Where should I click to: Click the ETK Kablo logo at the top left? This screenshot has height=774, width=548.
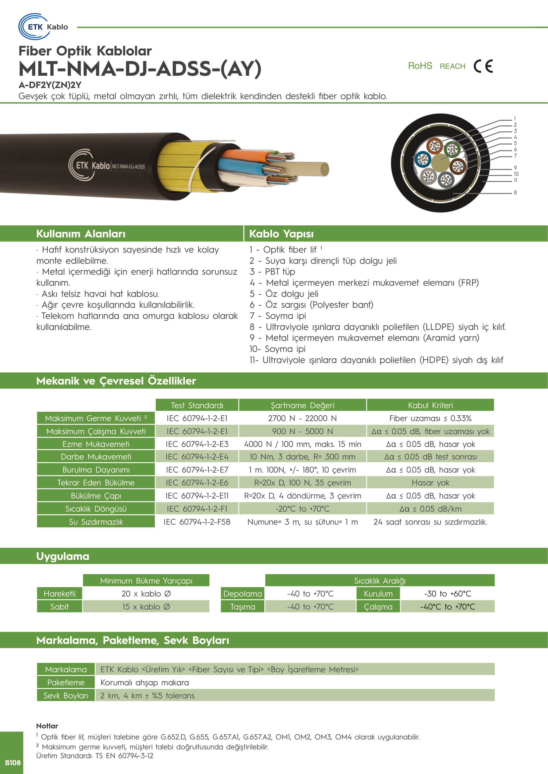coord(43,26)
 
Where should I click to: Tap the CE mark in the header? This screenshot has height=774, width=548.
coord(483,66)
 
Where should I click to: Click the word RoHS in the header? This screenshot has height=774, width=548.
coord(420,66)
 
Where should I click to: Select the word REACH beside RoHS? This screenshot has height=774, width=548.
coord(452,67)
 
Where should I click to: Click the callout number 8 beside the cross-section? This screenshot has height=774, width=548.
coord(515,193)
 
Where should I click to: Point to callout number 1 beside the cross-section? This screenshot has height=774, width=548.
coord(515,119)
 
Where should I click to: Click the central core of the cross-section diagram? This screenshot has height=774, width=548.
coord(440,163)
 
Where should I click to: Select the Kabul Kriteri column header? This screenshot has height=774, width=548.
coord(430,405)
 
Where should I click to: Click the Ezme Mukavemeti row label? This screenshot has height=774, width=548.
coord(96,444)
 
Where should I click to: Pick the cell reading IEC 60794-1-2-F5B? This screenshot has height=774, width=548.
coord(197,522)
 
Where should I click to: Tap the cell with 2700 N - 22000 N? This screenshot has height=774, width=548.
coord(302,418)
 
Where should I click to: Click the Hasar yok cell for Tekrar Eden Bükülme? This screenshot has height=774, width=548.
coord(430,483)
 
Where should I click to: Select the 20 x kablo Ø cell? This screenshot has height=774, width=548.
coord(146,594)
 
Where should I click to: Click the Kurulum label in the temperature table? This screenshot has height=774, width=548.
coord(378,594)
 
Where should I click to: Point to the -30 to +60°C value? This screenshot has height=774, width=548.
coord(447,594)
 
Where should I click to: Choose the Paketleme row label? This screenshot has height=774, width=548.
coord(66,683)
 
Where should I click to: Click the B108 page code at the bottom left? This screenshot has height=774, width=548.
coord(13,762)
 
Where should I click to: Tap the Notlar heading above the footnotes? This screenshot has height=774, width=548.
coord(47,726)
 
